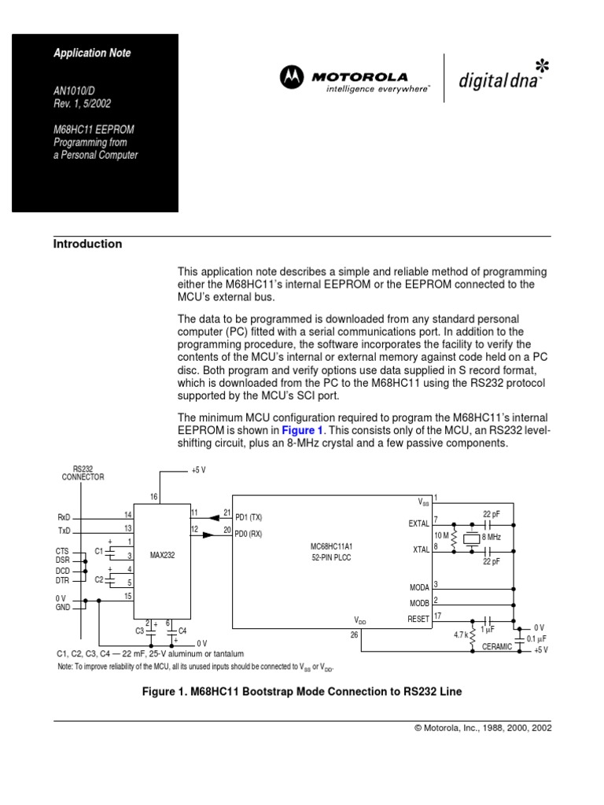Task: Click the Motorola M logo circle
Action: [292, 77]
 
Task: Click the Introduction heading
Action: [87, 244]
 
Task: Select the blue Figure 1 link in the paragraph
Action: [303, 430]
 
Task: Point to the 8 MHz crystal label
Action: [492, 536]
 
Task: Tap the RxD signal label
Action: [64, 517]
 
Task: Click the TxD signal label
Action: [64, 531]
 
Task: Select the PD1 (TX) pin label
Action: [249, 517]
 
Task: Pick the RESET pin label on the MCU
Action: [418, 619]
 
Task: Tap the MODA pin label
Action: [419, 587]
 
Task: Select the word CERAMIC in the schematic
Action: [497, 646]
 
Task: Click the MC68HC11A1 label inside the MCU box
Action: [333, 546]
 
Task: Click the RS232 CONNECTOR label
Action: [83, 472]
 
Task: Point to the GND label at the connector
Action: [63, 608]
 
